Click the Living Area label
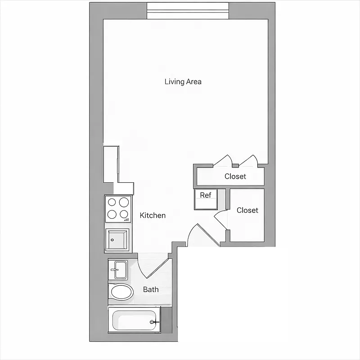point(183,81)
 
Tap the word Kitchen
point(153,216)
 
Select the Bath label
point(151,289)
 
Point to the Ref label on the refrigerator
point(205,195)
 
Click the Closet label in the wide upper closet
point(235,176)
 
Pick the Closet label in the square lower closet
point(247,210)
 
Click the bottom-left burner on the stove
point(112,215)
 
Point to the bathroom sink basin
point(118,270)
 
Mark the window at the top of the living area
point(188,11)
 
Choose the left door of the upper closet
point(223,161)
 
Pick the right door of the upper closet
point(248,161)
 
